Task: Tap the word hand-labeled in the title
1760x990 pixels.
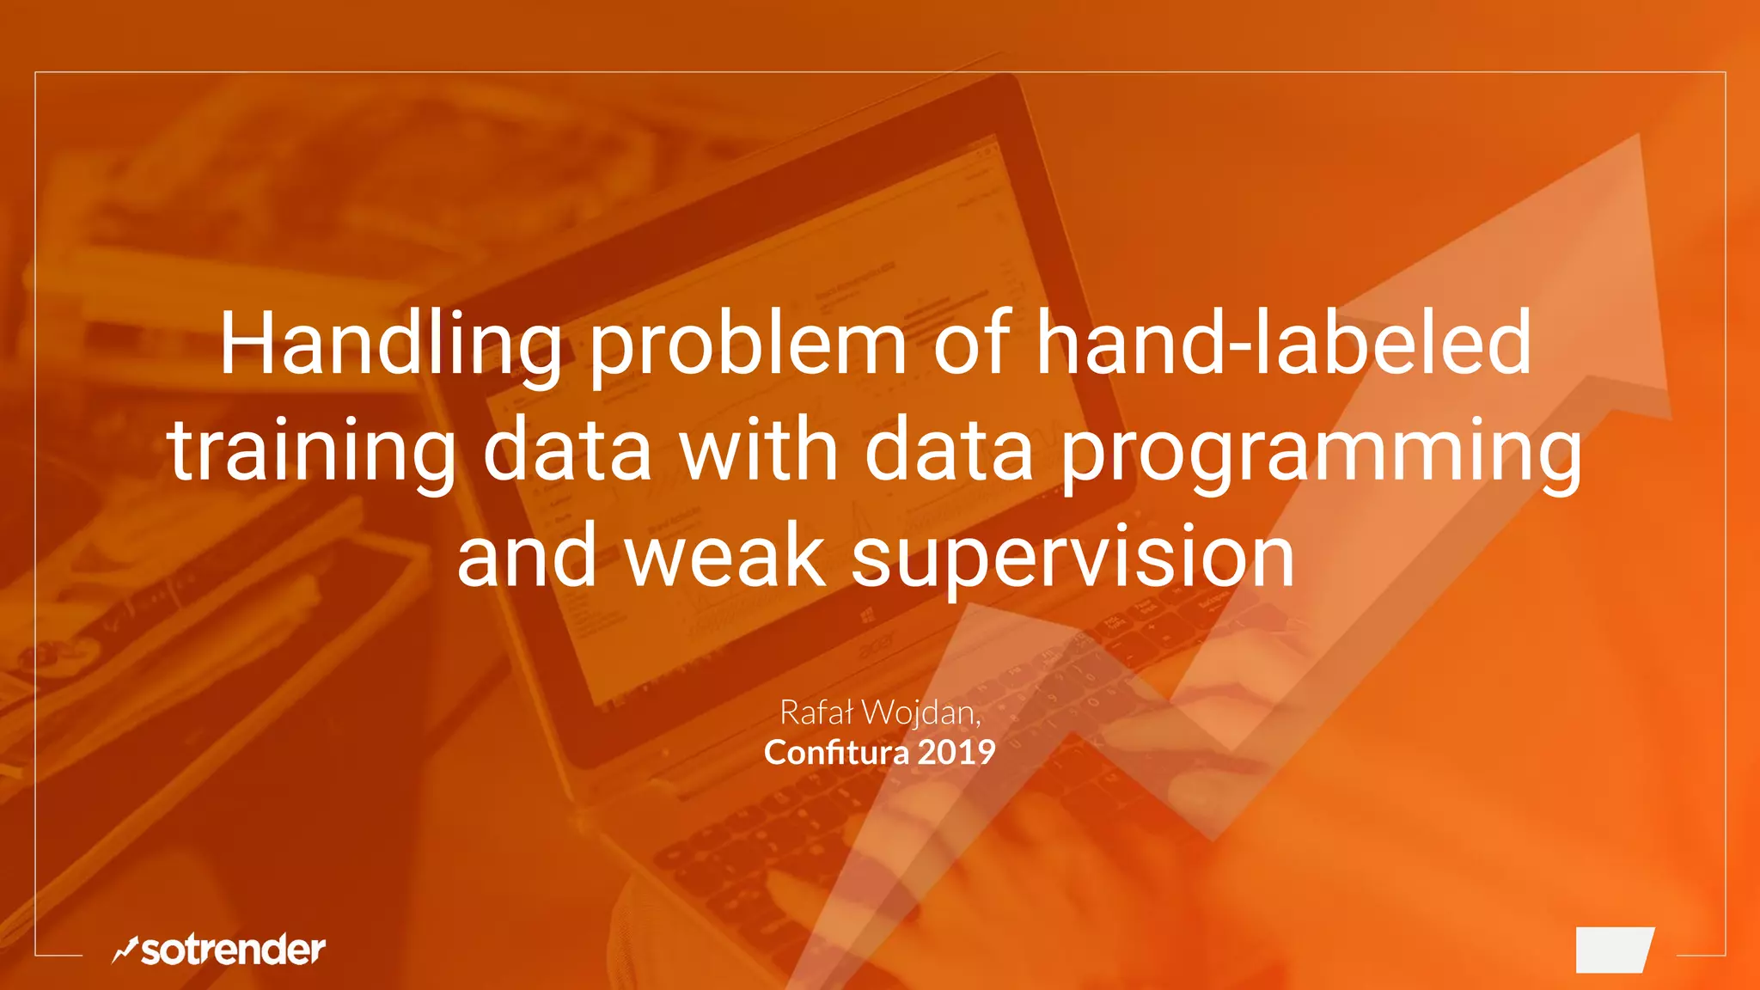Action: (1283, 344)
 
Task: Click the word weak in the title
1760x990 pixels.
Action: (724, 557)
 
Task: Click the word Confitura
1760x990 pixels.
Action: (836, 753)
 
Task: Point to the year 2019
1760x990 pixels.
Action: (956, 753)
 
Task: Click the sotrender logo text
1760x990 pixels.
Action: (233, 950)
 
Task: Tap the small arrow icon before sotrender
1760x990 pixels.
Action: (125, 950)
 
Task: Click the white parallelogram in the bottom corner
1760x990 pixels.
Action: (1615, 950)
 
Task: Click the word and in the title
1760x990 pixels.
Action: (526, 557)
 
